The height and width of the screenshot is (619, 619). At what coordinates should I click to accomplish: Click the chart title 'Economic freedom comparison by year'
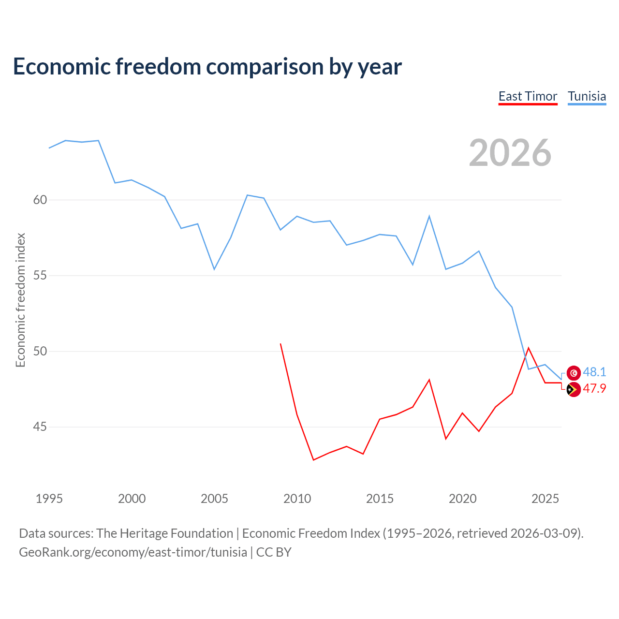point(207,67)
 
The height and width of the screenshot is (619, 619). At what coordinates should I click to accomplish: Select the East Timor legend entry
point(528,96)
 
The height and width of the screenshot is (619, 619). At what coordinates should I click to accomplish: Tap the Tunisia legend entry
point(587,96)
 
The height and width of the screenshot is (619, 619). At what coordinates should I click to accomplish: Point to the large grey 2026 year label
point(510,153)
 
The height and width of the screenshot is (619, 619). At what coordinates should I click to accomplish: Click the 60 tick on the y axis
point(40,200)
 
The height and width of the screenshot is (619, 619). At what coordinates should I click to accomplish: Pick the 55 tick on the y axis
point(40,276)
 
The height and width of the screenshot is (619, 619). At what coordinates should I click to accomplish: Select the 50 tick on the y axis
point(40,351)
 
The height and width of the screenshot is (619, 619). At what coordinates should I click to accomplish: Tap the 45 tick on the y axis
point(40,427)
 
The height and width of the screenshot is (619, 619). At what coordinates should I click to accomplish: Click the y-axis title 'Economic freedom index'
point(20,300)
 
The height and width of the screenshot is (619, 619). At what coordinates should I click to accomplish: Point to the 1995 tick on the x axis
point(49,499)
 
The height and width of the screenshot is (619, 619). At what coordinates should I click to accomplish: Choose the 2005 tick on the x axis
point(214,499)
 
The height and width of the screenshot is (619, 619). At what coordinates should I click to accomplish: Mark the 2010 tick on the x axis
point(297,499)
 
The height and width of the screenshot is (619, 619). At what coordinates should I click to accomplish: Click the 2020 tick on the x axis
point(462,499)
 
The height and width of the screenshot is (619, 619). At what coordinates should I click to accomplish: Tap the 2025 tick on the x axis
point(545,499)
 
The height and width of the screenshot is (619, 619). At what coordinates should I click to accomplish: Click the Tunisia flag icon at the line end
point(574,372)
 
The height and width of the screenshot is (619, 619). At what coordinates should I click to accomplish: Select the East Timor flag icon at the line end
point(574,389)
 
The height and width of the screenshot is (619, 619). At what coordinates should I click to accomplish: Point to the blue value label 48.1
point(594,372)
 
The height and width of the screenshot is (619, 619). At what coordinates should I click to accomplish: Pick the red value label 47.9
point(594,389)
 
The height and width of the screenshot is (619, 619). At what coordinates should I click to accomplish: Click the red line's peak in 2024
point(528,348)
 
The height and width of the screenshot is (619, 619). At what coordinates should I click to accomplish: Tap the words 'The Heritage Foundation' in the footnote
point(164,533)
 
